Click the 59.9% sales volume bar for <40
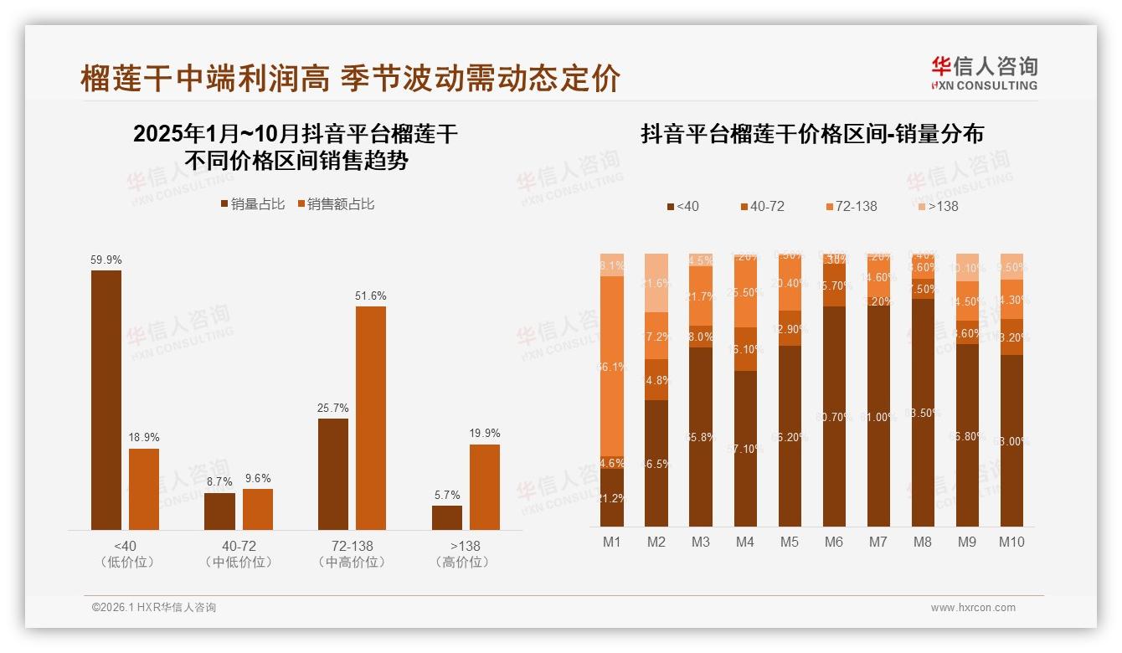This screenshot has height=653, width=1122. (x=106, y=399)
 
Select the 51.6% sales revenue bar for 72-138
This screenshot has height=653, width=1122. (x=371, y=418)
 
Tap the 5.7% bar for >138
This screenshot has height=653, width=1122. (x=447, y=517)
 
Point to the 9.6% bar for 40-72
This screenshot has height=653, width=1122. (x=258, y=509)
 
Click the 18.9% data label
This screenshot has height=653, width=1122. (x=144, y=438)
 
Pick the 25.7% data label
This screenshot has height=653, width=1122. (x=333, y=408)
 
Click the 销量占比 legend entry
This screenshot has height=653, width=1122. (x=253, y=204)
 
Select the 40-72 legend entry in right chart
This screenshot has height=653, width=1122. (x=762, y=206)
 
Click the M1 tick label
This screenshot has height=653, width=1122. (x=612, y=542)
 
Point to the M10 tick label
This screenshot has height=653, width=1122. (x=1011, y=542)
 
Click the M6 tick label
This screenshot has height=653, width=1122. (x=834, y=542)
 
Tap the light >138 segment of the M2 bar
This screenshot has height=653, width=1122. (x=656, y=283)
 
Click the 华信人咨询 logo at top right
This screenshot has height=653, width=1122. (x=984, y=73)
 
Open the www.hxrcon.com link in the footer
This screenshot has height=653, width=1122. (x=973, y=608)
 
